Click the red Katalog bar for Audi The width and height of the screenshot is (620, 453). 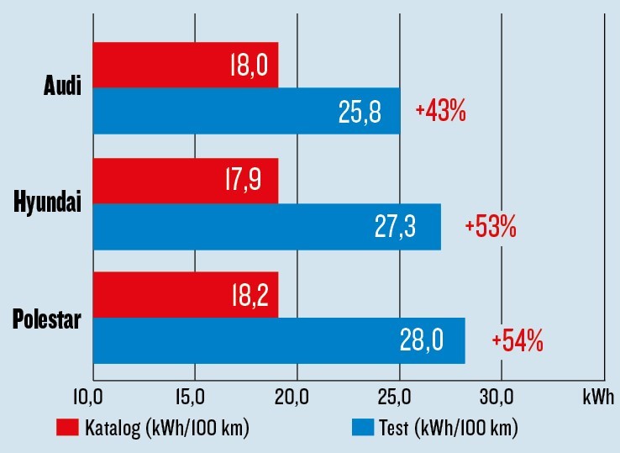(185, 65)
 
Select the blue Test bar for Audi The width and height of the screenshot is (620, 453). (246, 110)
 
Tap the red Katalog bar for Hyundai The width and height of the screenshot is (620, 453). (185, 181)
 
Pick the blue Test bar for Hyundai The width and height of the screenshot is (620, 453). (266, 227)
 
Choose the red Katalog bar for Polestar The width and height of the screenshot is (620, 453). (185, 295)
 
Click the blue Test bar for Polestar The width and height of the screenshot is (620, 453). (278, 341)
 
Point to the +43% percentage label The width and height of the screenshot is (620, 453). (440, 111)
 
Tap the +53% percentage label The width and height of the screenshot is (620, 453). (490, 226)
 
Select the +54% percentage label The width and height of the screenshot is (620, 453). (518, 341)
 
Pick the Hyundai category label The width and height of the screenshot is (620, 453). (48, 203)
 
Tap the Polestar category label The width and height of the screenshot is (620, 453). (47, 319)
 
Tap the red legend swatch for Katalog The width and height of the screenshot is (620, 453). (67, 428)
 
